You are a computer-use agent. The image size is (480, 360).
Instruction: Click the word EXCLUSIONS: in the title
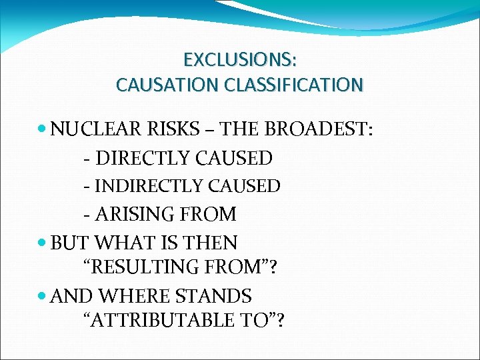click(240, 60)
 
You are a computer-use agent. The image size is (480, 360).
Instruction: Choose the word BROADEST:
click(317, 129)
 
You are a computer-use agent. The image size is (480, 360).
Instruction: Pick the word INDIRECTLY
click(150, 186)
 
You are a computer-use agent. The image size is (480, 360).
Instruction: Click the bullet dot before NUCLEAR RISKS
click(43, 129)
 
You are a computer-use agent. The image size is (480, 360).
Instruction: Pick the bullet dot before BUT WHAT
click(43, 243)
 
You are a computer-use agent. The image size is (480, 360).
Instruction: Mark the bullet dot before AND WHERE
click(43, 295)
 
